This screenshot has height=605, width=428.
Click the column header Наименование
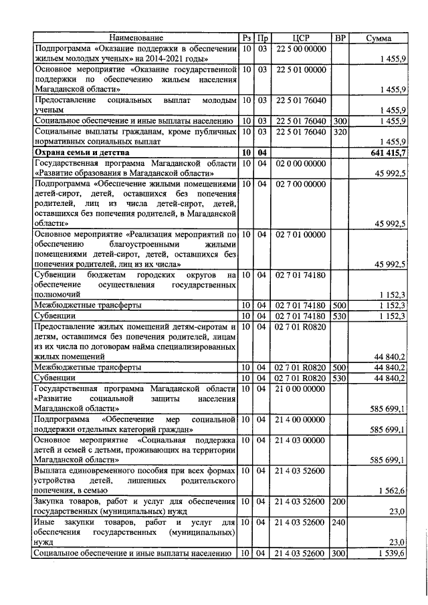pos(136,38)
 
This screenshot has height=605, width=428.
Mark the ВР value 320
pos(339,132)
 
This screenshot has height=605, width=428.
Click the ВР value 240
pos(339,522)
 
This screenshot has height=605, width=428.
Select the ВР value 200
pos(339,501)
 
